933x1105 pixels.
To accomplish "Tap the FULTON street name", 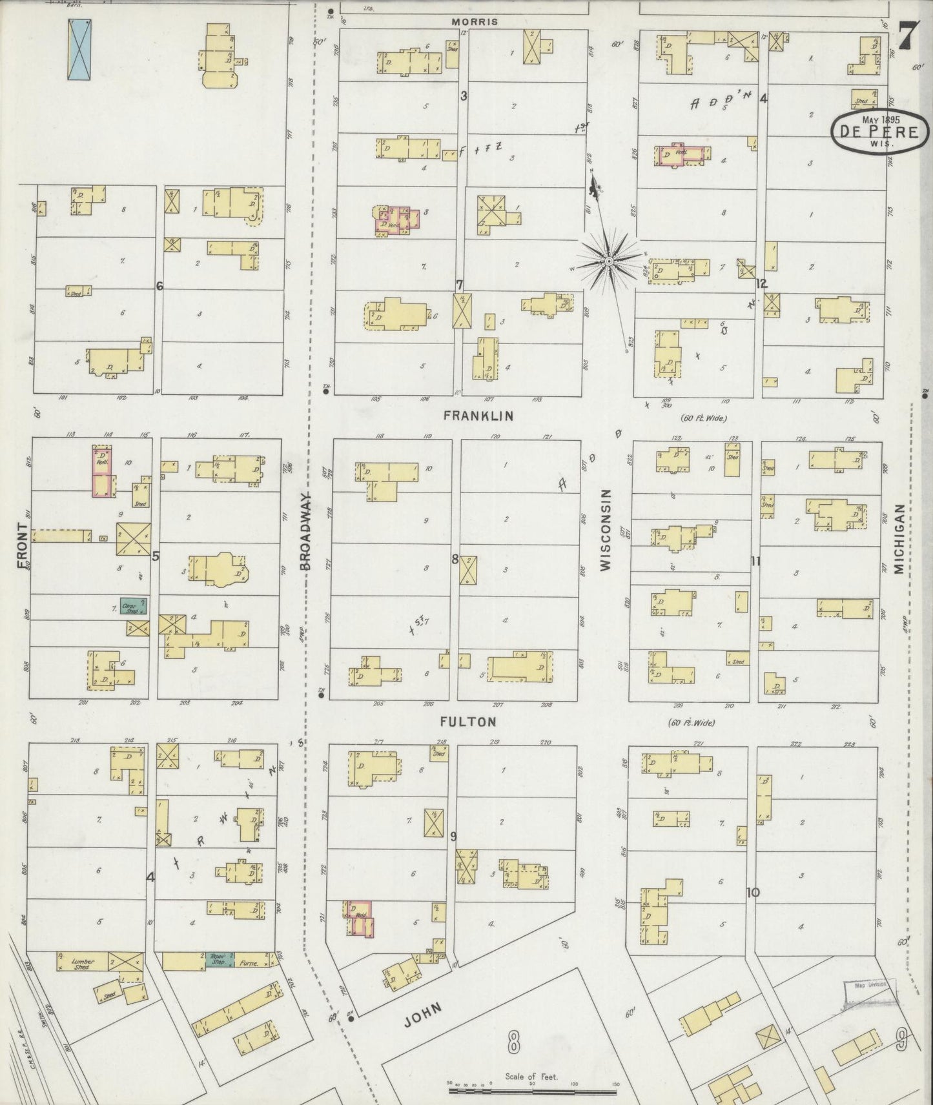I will (x=469, y=722).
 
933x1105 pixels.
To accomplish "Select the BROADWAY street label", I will (x=307, y=531).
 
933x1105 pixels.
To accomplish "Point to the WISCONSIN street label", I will (x=606, y=529).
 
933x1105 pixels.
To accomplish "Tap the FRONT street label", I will (x=23, y=546).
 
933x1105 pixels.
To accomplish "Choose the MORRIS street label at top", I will (x=475, y=21).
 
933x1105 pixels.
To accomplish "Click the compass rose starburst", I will (x=608, y=261).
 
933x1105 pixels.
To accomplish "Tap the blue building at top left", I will (x=79, y=49).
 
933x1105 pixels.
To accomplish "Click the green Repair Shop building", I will (x=220, y=960).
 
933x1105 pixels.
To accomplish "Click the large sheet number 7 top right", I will (x=908, y=36).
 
